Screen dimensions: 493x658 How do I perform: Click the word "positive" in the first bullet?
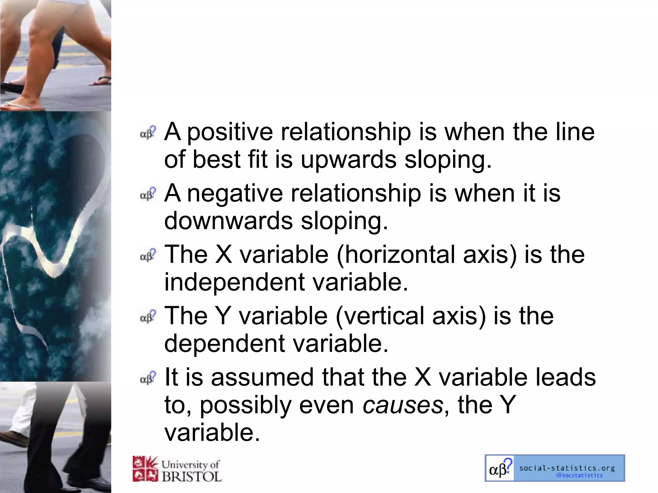[x=230, y=132]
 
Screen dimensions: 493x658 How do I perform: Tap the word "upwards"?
[x=348, y=160]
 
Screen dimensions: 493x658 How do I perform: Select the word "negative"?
[x=235, y=194]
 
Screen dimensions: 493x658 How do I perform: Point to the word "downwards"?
[x=228, y=221]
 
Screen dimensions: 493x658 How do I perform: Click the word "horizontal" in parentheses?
[x=396, y=255]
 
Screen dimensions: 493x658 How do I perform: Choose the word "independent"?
[x=235, y=282]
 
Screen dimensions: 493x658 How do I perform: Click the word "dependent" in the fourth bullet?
[x=224, y=343]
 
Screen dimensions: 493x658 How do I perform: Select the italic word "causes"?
[x=403, y=405]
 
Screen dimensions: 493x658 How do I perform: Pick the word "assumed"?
[x=262, y=377]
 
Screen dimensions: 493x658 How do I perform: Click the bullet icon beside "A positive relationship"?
[x=148, y=133]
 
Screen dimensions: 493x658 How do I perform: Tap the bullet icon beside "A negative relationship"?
[x=148, y=194]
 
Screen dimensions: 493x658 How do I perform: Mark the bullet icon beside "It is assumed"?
[x=148, y=378]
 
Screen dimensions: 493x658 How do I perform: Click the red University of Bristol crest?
[x=145, y=469]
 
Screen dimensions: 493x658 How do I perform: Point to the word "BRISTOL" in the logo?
[x=191, y=476]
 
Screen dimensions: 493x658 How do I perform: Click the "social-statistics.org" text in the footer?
[x=567, y=468]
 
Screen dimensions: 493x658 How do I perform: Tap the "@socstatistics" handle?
[x=579, y=475]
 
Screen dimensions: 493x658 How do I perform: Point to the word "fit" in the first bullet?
[x=257, y=160]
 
